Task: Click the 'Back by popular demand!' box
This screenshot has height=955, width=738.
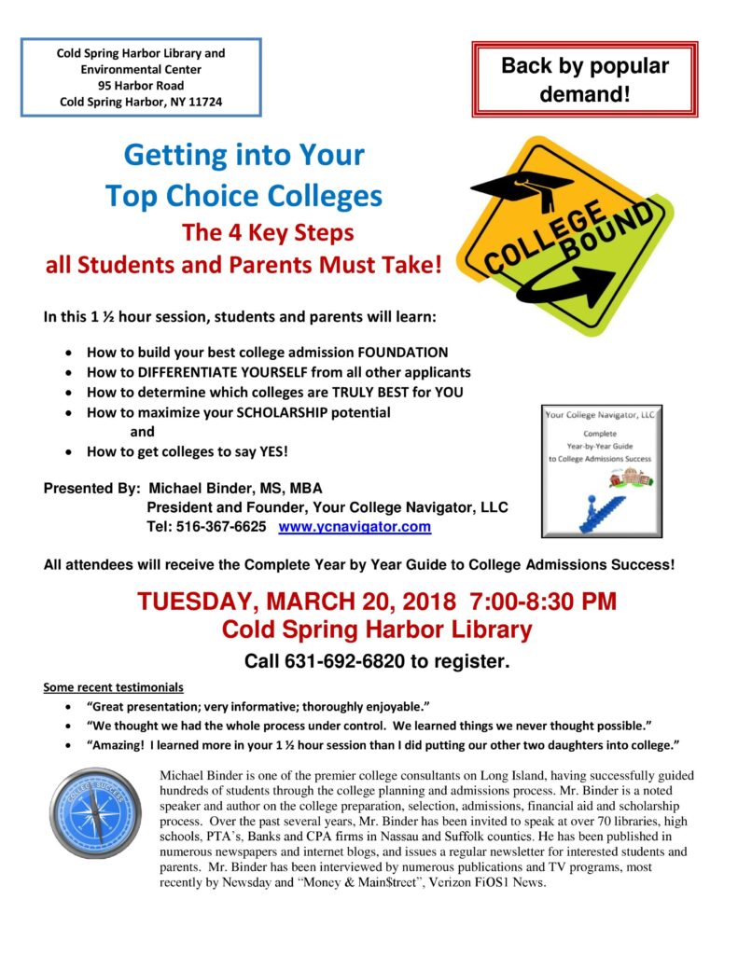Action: point(585,80)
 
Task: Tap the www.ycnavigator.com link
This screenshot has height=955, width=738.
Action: point(355,527)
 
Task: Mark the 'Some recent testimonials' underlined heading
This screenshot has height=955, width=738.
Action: point(113,688)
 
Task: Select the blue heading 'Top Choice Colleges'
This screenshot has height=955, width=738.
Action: point(244,195)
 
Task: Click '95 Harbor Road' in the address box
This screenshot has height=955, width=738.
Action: point(140,85)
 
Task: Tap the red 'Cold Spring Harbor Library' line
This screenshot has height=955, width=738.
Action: point(377,630)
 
